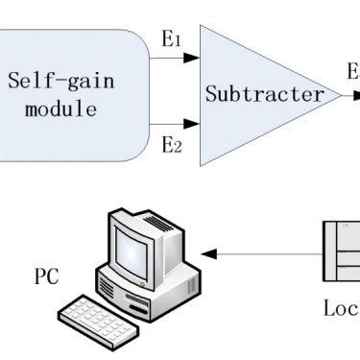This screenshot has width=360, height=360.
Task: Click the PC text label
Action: tap(47, 277)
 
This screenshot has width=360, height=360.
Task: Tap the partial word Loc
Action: tap(340, 308)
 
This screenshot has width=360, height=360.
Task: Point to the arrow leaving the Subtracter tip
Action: tap(351, 96)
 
